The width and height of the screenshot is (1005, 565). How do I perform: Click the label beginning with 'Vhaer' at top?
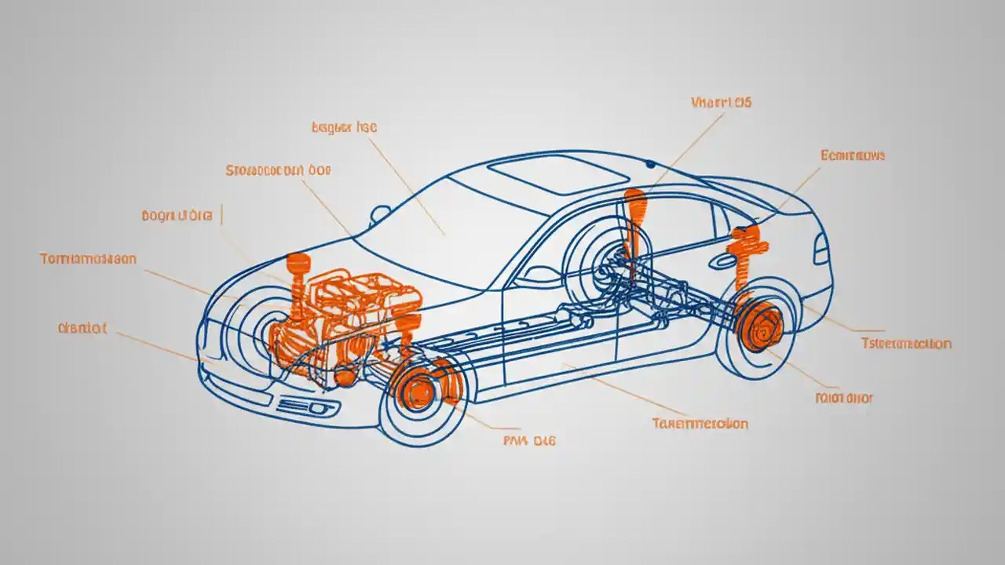[722, 102]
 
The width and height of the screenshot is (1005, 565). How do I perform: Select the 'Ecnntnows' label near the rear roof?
[853, 155]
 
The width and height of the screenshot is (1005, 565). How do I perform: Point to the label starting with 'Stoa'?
[279, 169]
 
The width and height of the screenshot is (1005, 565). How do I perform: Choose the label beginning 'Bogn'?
[177, 215]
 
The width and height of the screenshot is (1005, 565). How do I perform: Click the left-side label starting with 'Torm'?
[88, 258]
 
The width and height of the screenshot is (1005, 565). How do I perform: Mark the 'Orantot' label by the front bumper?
[82, 328]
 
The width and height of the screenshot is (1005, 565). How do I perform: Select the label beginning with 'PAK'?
[528, 441]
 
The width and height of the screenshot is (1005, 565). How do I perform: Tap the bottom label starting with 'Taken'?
[700, 424]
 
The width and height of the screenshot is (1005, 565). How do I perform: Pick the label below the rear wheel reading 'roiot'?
[844, 398]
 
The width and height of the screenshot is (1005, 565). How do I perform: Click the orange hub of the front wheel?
[419, 390]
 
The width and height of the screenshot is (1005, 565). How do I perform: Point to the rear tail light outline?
[820, 250]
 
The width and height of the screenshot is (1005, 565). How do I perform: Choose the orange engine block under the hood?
[353, 314]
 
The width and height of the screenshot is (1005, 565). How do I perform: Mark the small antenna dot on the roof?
[650, 164]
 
